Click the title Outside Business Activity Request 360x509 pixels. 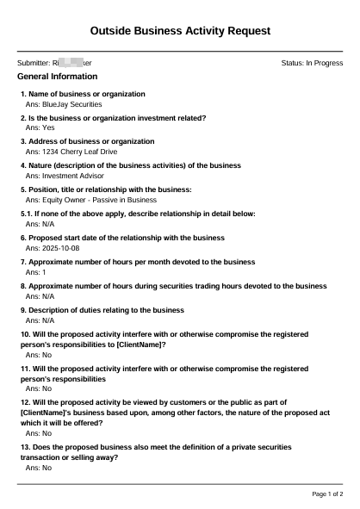click(180, 31)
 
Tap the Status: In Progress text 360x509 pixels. click(312, 63)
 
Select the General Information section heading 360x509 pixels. click(57, 77)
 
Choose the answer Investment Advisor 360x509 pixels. click(65, 174)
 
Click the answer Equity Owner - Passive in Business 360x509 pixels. click(86, 198)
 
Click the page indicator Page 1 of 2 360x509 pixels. click(326, 494)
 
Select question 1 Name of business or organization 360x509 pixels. click(83, 93)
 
